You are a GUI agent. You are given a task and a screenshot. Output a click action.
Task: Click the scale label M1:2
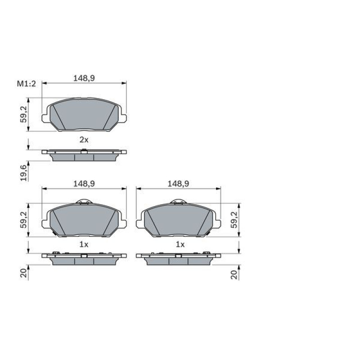click(x=27, y=84)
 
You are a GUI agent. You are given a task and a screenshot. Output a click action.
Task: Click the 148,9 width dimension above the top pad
click(x=84, y=78)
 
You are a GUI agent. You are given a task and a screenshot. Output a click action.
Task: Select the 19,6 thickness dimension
click(x=24, y=173)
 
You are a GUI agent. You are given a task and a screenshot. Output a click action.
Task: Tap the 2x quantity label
click(x=84, y=139)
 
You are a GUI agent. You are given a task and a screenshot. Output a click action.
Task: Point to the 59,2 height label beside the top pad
click(x=24, y=114)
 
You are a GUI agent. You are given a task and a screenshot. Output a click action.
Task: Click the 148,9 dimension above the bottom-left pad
click(x=84, y=184)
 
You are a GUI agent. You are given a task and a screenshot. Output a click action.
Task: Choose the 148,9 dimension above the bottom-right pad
click(x=178, y=184)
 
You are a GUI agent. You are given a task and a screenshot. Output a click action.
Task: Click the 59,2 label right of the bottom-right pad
click(x=234, y=220)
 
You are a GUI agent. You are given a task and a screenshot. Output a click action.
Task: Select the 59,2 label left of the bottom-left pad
click(x=24, y=220)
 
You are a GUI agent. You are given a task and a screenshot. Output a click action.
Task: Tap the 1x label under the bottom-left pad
click(x=84, y=244)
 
